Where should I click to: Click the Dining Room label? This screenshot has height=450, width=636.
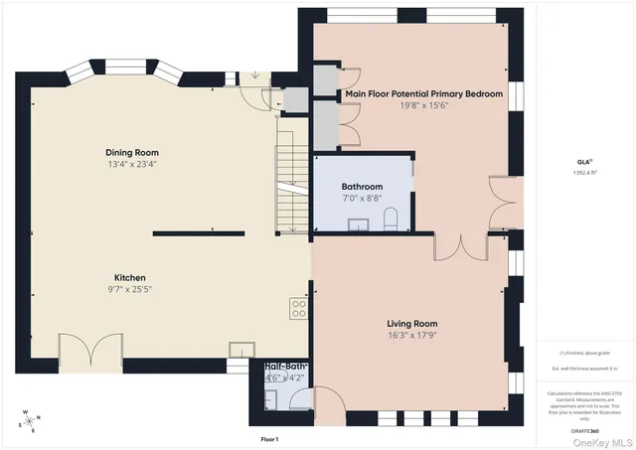point(132,152)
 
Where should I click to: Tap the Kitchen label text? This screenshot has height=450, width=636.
point(131,277)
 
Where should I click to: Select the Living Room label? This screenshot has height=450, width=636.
point(411,324)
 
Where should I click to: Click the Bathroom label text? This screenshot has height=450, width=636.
point(362,186)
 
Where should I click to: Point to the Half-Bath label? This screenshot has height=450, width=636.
point(285,367)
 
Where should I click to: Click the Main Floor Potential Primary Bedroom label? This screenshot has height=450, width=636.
point(423,94)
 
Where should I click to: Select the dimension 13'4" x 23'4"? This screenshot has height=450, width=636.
point(132,164)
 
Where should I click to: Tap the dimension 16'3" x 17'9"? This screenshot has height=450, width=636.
point(411,336)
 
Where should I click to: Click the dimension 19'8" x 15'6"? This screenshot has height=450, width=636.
point(423,105)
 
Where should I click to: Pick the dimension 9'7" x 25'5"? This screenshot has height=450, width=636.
point(131,289)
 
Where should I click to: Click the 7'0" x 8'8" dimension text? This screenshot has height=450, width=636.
point(362,198)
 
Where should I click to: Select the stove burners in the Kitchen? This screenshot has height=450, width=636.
point(296,308)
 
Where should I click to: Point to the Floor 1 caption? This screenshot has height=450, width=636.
point(269,438)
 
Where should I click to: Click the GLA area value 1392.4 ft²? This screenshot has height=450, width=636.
point(584,172)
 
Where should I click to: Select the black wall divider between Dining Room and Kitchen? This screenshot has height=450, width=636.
point(198,233)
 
